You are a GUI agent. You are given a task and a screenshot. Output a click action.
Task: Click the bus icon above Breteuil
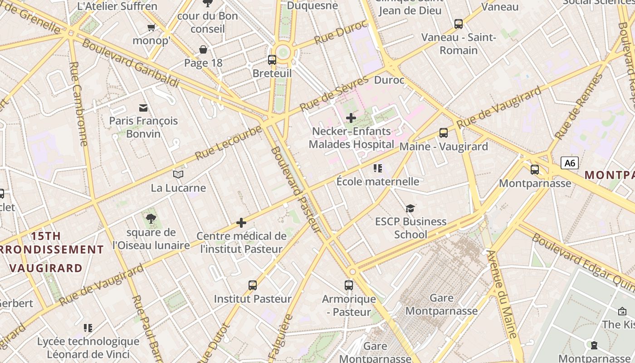click(x=272, y=59)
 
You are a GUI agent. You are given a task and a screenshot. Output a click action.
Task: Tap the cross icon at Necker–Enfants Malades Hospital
click(x=351, y=118)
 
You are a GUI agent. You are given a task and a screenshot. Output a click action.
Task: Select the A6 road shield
click(x=569, y=163)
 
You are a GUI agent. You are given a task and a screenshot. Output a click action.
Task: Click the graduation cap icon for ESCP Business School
click(x=410, y=208)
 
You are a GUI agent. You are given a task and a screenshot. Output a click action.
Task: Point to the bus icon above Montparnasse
click(x=535, y=170)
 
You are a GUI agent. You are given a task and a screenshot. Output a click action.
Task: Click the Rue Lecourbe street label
click(x=229, y=142)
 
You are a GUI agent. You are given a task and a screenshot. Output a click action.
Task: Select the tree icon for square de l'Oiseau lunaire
click(x=151, y=219)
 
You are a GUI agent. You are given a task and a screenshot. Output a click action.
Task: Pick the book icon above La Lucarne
click(x=178, y=174)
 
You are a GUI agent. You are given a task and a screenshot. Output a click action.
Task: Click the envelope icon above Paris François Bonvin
click(x=143, y=108)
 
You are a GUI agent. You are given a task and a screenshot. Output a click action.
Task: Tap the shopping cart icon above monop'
click(x=151, y=28)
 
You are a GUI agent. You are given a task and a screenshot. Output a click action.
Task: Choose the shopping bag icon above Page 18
click(x=203, y=49)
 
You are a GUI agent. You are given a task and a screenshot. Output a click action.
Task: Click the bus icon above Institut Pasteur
click(x=253, y=285)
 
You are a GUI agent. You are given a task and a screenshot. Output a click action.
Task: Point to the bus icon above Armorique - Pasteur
click(x=348, y=285)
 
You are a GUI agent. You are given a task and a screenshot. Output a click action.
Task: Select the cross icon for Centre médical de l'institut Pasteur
click(x=241, y=223)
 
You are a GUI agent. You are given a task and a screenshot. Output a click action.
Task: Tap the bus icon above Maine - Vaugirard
click(x=444, y=133)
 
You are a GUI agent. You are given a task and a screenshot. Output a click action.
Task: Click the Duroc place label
click(x=389, y=80)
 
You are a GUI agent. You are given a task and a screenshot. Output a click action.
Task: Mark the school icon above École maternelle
click(x=378, y=168)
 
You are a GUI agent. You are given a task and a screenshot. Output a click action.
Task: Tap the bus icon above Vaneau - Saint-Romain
click(x=459, y=24)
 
